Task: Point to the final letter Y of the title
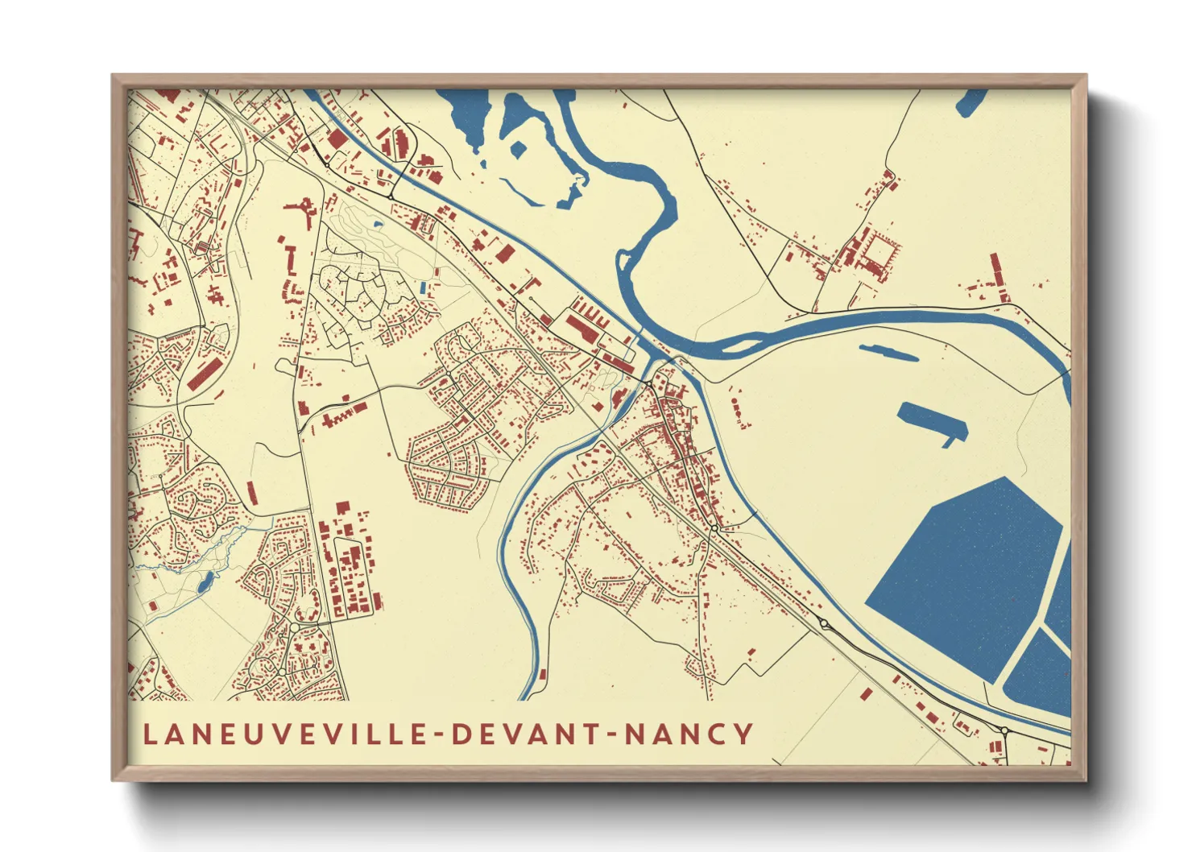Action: click(x=743, y=734)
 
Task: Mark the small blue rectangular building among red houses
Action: click(x=422, y=287)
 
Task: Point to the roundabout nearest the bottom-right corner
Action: click(x=1004, y=730)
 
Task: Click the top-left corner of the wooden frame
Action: click(x=114, y=77)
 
